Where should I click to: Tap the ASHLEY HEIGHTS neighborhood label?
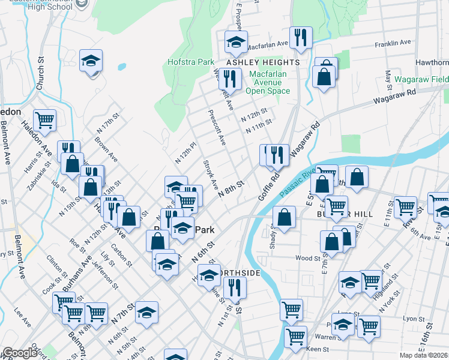(262, 62)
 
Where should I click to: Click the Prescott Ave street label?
(216, 127)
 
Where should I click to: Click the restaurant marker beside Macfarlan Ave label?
(299, 38)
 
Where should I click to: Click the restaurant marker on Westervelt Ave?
(229, 79)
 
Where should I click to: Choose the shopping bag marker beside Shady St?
(284, 217)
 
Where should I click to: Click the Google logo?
(20, 353)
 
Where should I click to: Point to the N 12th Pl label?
(185, 152)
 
